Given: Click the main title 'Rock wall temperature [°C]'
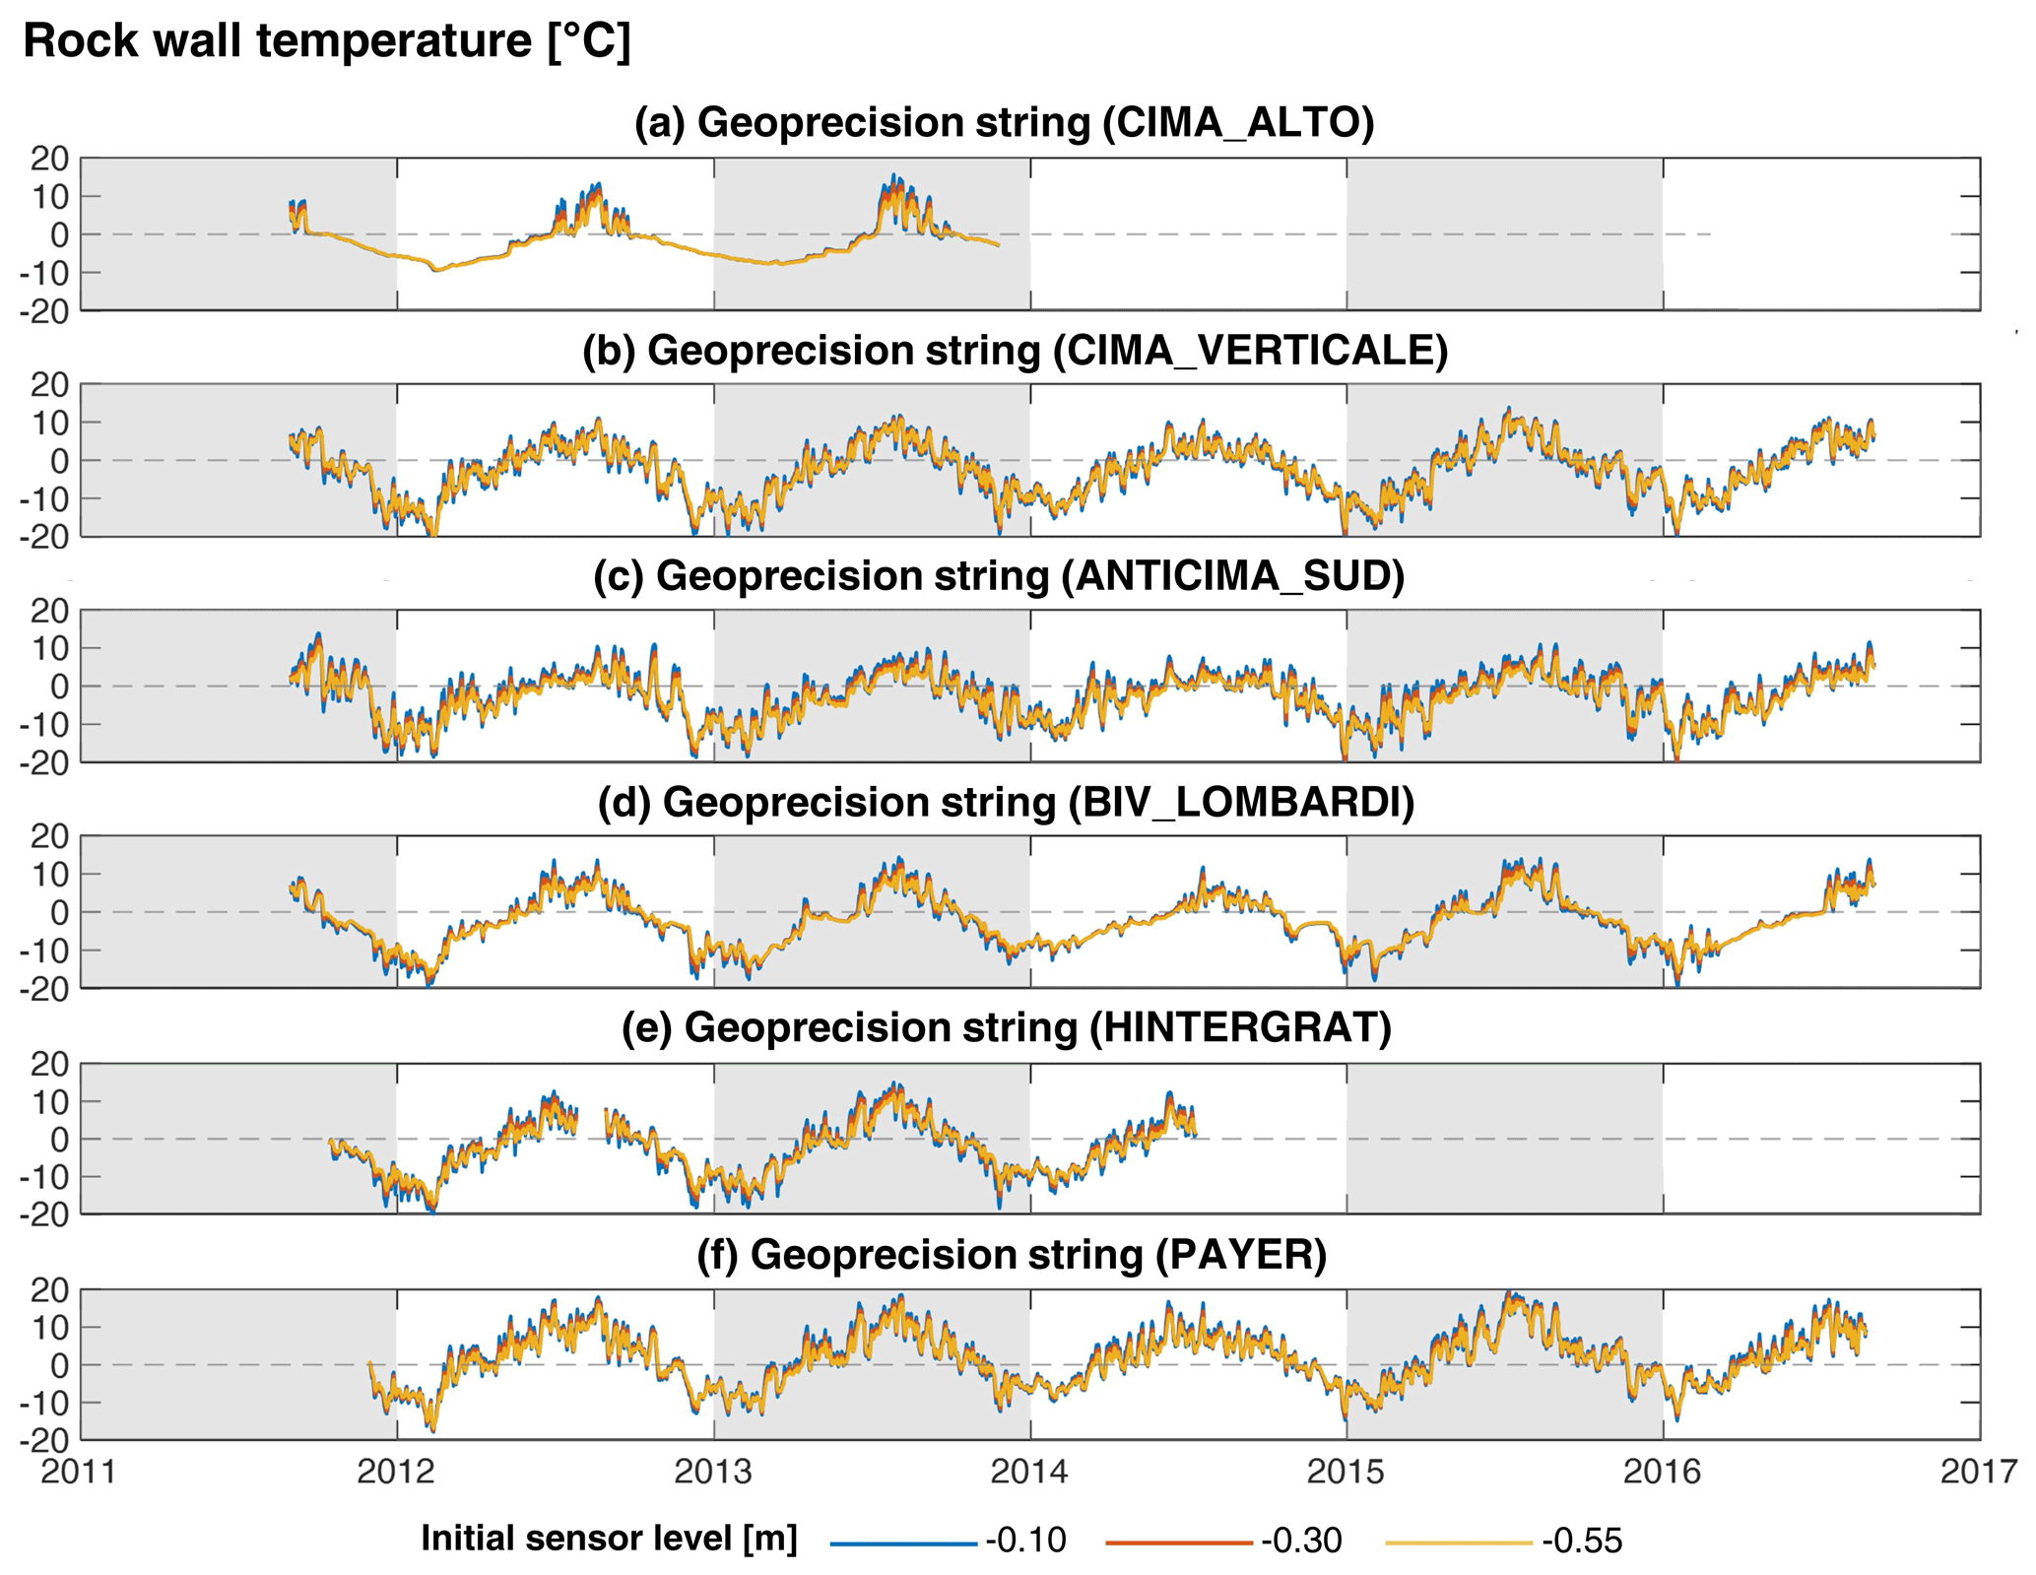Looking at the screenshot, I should (x=326, y=42).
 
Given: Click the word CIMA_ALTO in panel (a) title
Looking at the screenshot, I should (x=1237, y=123).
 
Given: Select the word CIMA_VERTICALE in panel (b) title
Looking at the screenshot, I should (x=1250, y=351).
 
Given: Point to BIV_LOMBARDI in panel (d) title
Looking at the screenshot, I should (x=1241, y=803).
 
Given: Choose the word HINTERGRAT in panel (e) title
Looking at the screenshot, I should (x=1240, y=1028).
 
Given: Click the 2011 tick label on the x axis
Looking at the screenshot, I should (x=80, y=1472).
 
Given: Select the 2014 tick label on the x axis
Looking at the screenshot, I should (x=1030, y=1472).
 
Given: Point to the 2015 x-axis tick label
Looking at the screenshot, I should (x=1346, y=1472).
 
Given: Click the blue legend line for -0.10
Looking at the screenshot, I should (x=903, y=1542).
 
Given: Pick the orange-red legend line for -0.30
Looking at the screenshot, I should (x=1180, y=1542).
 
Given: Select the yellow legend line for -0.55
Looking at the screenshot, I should (x=1459, y=1542).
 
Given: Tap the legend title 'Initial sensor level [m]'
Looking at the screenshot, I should (x=609, y=1539).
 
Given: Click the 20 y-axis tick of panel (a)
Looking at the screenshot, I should (x=49, y=159).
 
